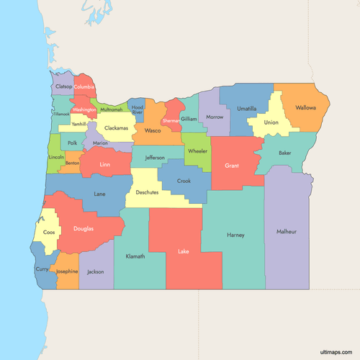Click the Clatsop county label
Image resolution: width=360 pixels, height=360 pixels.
pyautogui.click(x=64, y=87)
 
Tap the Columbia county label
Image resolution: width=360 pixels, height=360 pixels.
pyautogui.click(x=84, y=87)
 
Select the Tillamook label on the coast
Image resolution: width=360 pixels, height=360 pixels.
pyautogui.click(x=60, y=114)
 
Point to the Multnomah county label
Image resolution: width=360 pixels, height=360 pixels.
pyautogui.click(x=111, y=109)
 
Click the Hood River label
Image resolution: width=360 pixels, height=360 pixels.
pyautogui.click(x=138, y=110)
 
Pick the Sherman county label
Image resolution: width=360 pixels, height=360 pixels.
pyautogui.click(x=171, y=121)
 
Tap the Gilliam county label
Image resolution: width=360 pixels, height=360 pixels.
pyautogui.click(x=189, y=119)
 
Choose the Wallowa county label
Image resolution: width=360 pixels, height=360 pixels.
pyautogui.click(x=305, y=108)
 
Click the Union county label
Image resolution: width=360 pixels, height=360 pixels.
pyautogui.click(x=271, y=122)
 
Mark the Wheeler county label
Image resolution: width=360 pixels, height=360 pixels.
pyautogui.click(x=197, y=151)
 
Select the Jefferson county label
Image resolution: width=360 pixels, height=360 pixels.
pyautogui.click(x=154, y=157)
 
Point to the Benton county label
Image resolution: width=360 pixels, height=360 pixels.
pyautogui.click(x=72, y=163)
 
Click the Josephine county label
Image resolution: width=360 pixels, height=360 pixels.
pyautogui.click(x=67, y=271)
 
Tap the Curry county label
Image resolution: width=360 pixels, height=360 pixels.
pyautogui.click(x=42, y=270)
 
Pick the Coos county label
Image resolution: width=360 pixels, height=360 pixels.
pyautogui.click(x=49, y=233)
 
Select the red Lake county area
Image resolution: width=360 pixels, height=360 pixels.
pyautogui.click(x=184, y=248)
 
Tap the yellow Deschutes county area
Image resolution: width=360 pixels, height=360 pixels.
pyautogui.click(x=147, y=193)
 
